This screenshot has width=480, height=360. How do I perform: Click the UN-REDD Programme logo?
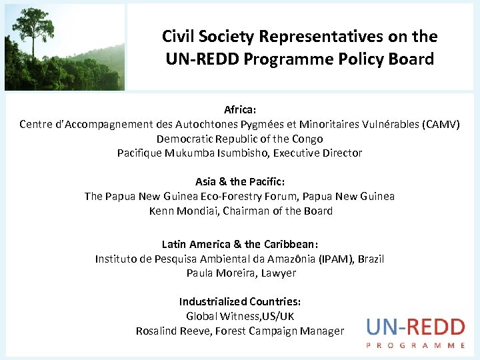pos(415,332)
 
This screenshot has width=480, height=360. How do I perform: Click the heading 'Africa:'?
pos(240,109)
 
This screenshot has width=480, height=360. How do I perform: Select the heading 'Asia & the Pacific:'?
pos(240,181)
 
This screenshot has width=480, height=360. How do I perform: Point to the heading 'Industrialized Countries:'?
pos(240,301)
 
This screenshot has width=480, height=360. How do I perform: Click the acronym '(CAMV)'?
pos(441,124)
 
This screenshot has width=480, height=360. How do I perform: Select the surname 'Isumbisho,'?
pos(240,153)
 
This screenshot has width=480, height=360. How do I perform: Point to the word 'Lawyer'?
pos(279,273)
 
